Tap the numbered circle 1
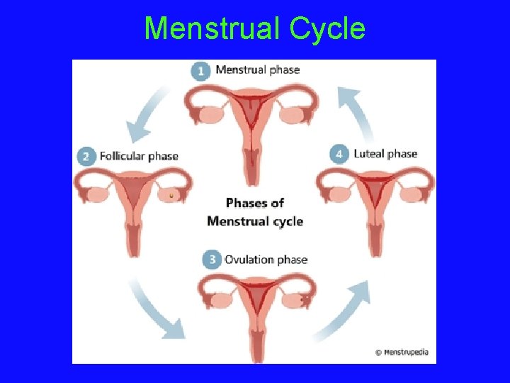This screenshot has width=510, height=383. [201, 70]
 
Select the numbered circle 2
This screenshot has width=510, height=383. [86, 156]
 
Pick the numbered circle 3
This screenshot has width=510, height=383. [211, 260]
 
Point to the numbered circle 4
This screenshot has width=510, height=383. [340, 154]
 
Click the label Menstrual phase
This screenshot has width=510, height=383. [257, 70]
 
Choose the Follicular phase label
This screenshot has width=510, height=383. [139, 156]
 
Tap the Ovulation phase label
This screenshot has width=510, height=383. [266, 260]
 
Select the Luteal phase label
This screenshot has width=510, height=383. [385, 154]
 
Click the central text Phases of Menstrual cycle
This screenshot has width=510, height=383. [255, 212]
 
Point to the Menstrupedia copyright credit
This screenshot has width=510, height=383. [402, 352]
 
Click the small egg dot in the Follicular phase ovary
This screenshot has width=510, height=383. [171, 195]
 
